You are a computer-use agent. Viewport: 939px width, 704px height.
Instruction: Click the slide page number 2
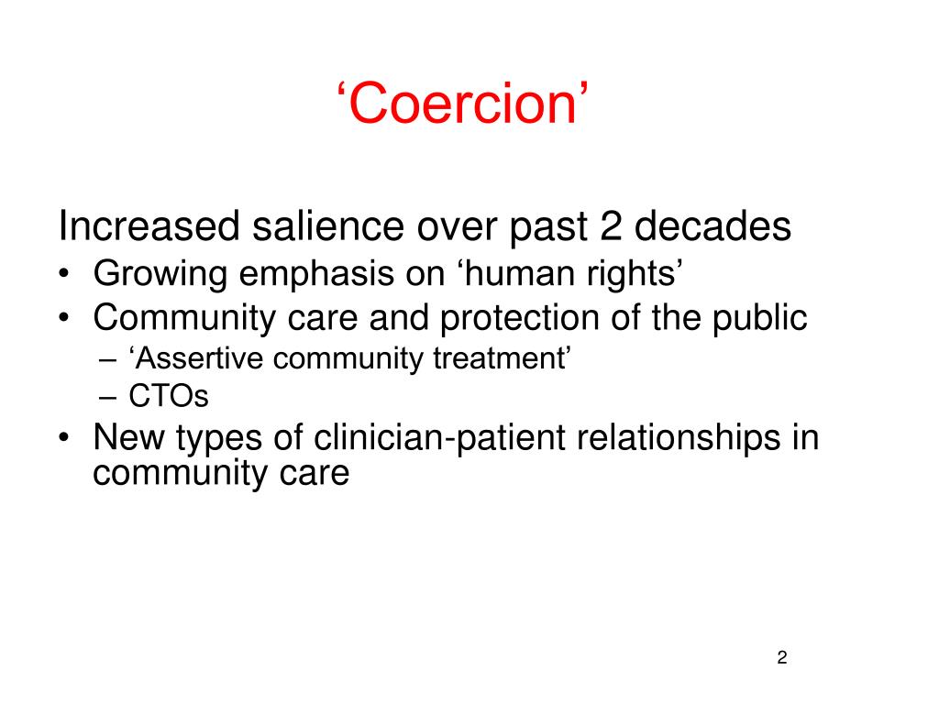coord(782,657)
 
